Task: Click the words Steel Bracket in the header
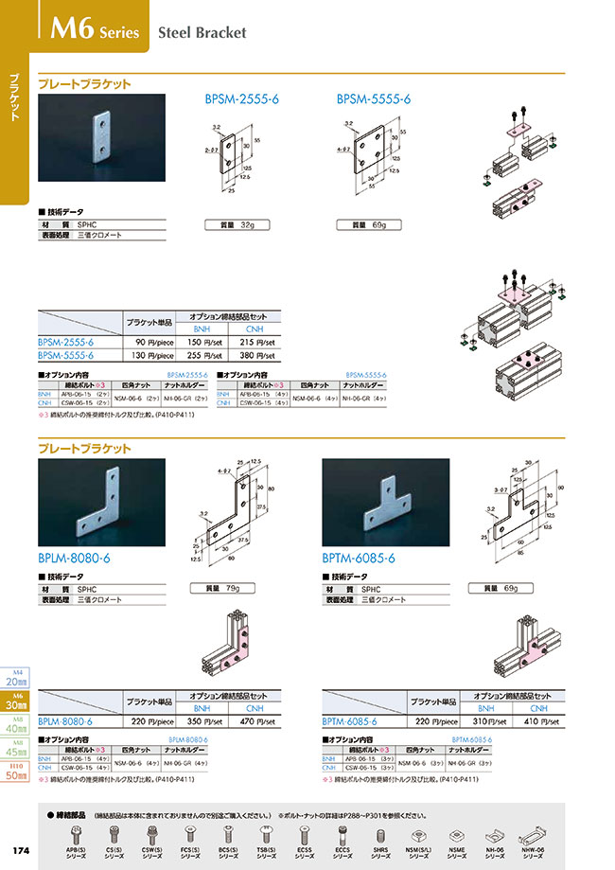click(x=201, y=32)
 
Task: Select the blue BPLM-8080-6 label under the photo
click(x=75, y=559)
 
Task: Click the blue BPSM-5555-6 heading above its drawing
click(x=374, y=98)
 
